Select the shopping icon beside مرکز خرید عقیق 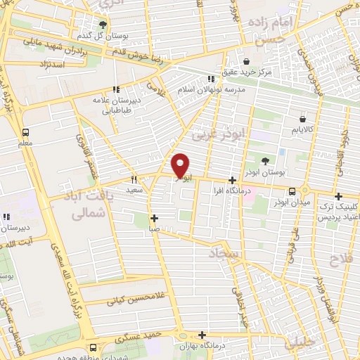pyautogui.click(x=245, y=61)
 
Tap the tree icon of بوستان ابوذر pyautogui.click(x=264, y=162)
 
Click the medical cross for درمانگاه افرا pyautogui.click(x=232, y=180)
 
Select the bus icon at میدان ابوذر pyautogui.click(x=292, y=191)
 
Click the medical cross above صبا pyautogui.click(x=154, y=218)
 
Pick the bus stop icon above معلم pyautogui.click(x=26, y=131)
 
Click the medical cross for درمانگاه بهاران pyautogui.click(x=202, y=335)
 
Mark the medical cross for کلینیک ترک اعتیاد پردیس pyautogui.click(x=338, y=196)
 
